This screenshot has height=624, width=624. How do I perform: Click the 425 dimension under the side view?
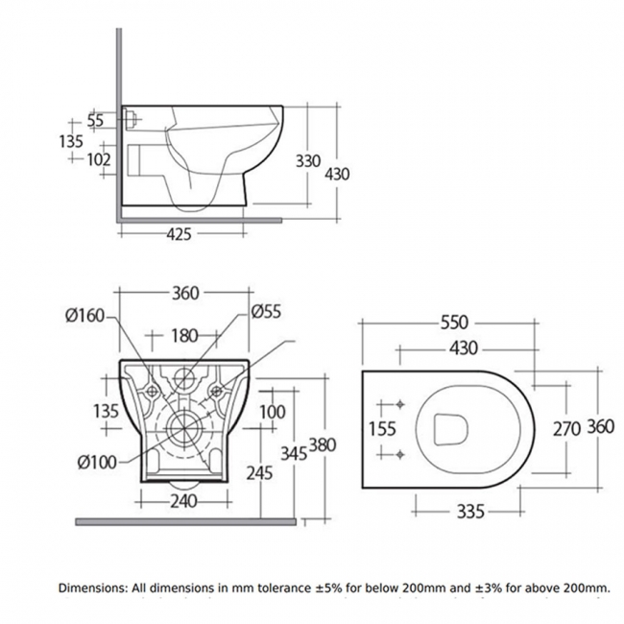click(x=180, y=233)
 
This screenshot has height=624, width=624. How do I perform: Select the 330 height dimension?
click(x=307, y=161)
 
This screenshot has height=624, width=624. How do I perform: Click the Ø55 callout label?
click(x=265, y=312)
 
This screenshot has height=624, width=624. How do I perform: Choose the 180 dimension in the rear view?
click(x=184, y=335)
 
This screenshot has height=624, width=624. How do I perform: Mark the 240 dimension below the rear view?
click(x=183, y=500)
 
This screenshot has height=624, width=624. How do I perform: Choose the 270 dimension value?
click(x=565, y=428)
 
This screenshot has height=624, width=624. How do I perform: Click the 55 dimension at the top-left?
click(x=95, y=120)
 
